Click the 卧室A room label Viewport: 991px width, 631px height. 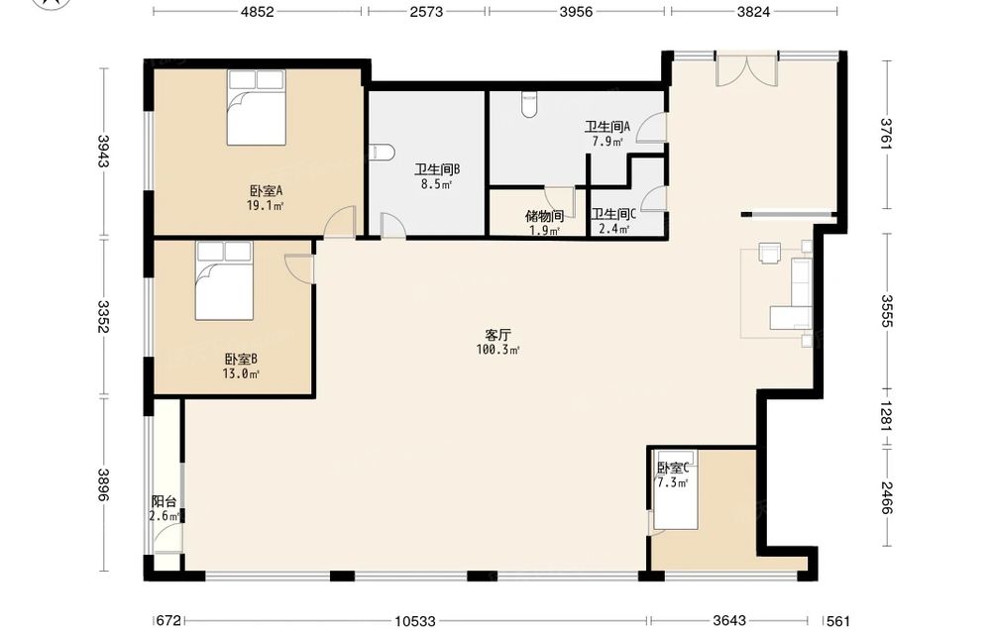pos(266,190)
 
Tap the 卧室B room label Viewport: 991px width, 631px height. pos(241,360)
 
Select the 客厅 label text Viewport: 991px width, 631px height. pos(498,336)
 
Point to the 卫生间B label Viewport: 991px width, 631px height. pos(437,170)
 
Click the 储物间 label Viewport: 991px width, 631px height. pos(544,216)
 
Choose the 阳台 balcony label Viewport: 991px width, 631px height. pos(164,502)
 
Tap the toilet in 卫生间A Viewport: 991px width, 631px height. pos(529,105)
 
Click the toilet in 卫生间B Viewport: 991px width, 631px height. pos(382,153)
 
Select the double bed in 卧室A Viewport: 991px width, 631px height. pos(256,107)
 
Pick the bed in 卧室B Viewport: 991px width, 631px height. pos(224,280)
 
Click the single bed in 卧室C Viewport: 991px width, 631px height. pos(676,490)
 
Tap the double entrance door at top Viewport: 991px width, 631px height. pos(746,70)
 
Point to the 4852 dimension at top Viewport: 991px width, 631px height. pos(258,11)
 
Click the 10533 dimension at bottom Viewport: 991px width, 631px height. pos(415,621)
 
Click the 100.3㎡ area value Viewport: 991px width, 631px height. pos(498,350)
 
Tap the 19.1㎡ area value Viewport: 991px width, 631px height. pos(266,205)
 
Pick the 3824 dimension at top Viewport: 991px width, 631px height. pos(753,11)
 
